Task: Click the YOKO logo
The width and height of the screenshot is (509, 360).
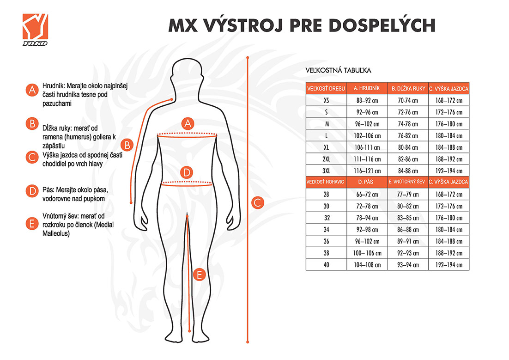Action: point(35,30)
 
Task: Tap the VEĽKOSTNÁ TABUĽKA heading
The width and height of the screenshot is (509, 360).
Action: point(339,71)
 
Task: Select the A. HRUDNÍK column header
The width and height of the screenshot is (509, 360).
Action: point(367,88)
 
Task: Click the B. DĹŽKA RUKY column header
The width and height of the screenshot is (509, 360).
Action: point(407,88)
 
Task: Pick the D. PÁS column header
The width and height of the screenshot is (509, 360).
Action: point(367,182)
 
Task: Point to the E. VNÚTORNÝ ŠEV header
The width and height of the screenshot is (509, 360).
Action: point(407,182)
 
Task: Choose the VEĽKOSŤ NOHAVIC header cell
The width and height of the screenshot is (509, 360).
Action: point(326,182)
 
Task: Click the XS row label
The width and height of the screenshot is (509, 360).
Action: point(326,100)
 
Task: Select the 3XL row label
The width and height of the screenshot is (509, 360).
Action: point(326,171)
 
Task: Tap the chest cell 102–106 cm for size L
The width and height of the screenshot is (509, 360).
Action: point(367,135)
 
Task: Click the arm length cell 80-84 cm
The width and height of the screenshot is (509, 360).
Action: point(407,147)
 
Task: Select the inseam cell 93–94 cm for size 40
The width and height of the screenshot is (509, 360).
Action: point(407,265)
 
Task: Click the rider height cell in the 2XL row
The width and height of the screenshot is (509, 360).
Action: point(448,159)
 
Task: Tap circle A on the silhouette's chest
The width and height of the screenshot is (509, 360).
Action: point(187,123)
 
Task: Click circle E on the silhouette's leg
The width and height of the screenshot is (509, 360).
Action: point(199,275)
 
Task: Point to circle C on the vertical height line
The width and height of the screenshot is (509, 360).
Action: point(258,202)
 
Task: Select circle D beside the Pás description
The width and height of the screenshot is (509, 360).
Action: point(31,190)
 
